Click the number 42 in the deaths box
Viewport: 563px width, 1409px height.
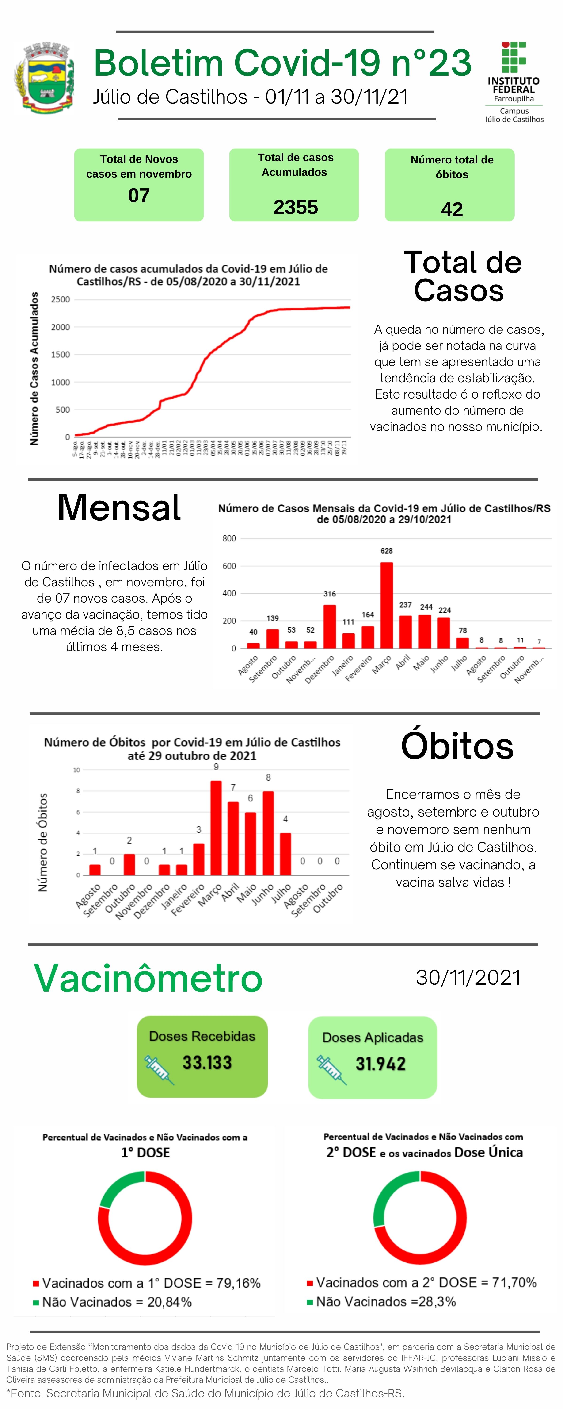click(x=452, y=209)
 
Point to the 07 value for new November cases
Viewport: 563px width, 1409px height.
click(x=139, y=195)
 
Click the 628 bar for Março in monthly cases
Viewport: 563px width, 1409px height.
click(x=386, y=604)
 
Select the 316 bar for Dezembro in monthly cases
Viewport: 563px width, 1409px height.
click(x=330, y=626)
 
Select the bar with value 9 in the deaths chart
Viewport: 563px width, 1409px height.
click(x=216, y=828)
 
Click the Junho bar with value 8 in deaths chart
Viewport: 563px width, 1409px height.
click(x=268, y=832)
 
